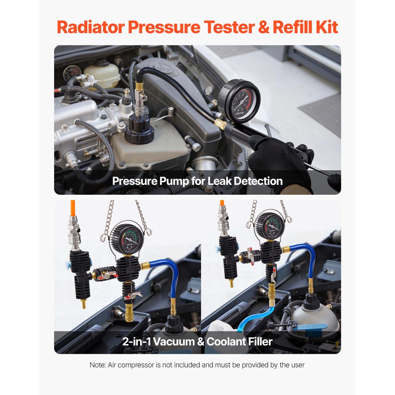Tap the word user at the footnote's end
297,365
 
